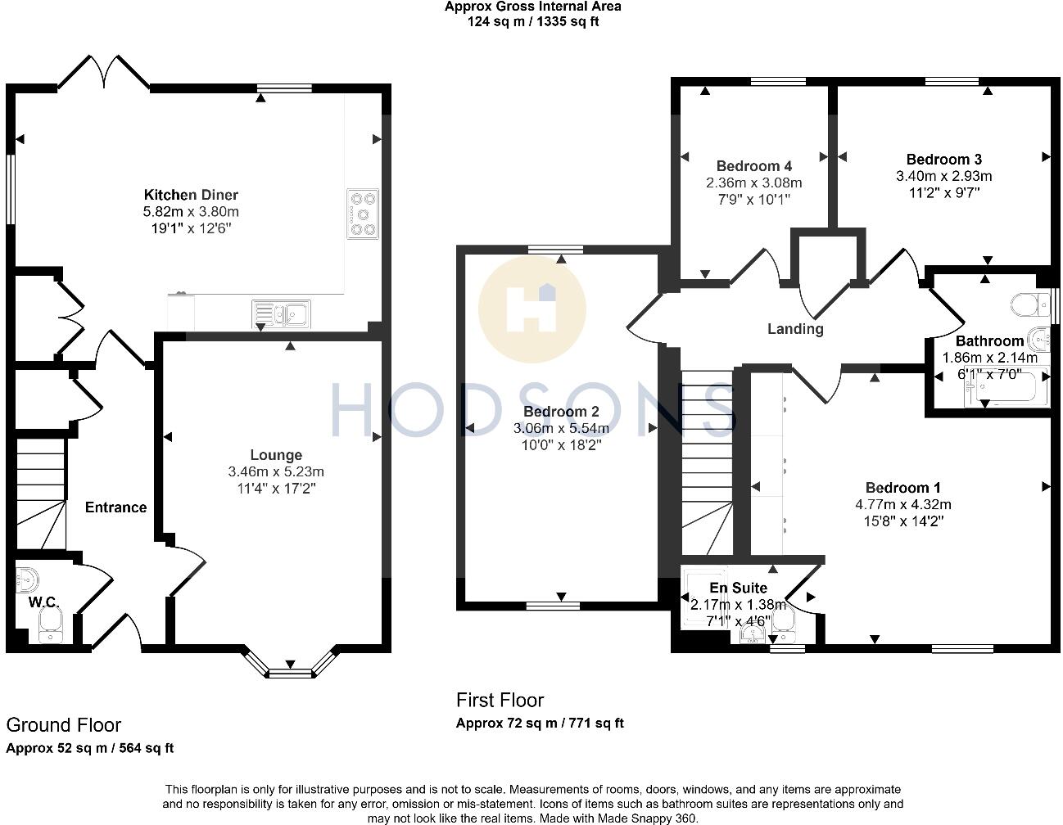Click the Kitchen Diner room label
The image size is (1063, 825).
(191, 195)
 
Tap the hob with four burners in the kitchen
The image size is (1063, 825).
(363, 214)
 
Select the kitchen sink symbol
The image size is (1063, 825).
(281, 313)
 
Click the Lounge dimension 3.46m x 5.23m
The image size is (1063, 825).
(276, 471)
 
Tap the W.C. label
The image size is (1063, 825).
(43, 602)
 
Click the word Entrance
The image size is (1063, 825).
(115, 507)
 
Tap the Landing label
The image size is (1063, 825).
(794, 329)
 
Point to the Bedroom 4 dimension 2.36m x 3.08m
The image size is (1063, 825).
(753, 183)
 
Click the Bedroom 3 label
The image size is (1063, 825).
(943, 160)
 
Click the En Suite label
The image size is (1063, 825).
(738, 588)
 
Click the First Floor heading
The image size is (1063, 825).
(500, 701)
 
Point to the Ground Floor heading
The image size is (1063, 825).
(63, 725)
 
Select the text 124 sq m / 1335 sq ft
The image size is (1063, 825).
(532, 22)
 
